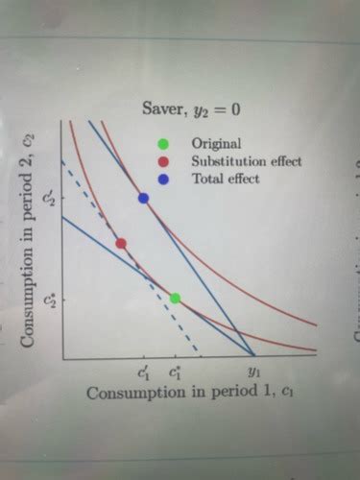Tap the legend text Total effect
coord(226,179)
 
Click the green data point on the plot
coord(175,299)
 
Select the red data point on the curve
coord(121,243)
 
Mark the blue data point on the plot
coord(143,199)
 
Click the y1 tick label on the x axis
coord(253,370)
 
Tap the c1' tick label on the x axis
coord(143,370)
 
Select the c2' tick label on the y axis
coord(52,199)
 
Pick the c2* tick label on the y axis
coord(52,299)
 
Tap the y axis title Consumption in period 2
coord(29,240)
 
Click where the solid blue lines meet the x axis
coord(253,357)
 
